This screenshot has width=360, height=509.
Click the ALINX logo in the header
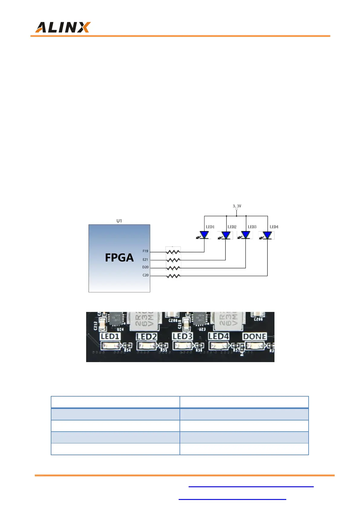[63, 28]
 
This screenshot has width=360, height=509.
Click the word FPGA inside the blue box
[119, 258]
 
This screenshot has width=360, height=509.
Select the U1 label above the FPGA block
[119, 221]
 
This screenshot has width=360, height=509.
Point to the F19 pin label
[145, 251]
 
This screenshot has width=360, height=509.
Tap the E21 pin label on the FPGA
[145, 260]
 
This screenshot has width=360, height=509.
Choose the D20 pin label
[145, 267]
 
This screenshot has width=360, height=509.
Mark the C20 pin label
[145, 275]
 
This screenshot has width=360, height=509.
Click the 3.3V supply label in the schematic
[237, 206]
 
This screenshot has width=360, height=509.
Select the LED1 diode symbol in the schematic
[204, 235]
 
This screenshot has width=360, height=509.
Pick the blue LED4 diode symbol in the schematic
[267, 235]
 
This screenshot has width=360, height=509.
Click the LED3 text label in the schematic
[252, 227]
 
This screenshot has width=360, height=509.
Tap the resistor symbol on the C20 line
[173, 276]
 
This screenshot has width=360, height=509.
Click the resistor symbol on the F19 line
[173, 251]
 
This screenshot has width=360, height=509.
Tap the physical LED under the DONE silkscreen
[255, 345]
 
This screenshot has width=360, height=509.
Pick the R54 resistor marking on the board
[127, 350]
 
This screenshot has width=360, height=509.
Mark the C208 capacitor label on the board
[173, 320]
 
